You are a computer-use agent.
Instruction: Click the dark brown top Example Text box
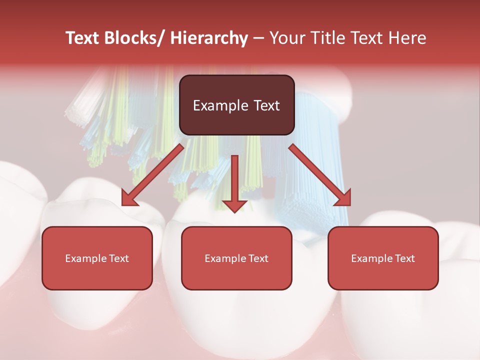click(236, 105)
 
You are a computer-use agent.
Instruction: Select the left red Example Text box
click(97, 258)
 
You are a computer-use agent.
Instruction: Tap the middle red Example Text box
click(236, 258)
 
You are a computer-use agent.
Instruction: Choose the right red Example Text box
click(383, 258)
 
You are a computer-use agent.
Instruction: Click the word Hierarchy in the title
click(209, 38)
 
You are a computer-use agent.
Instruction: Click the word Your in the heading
click(285, 38)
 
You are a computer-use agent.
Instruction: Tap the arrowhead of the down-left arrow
click(129, 198)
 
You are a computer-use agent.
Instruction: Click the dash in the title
click(258, 38)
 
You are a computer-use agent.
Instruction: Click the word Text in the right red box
click(404, 258)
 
